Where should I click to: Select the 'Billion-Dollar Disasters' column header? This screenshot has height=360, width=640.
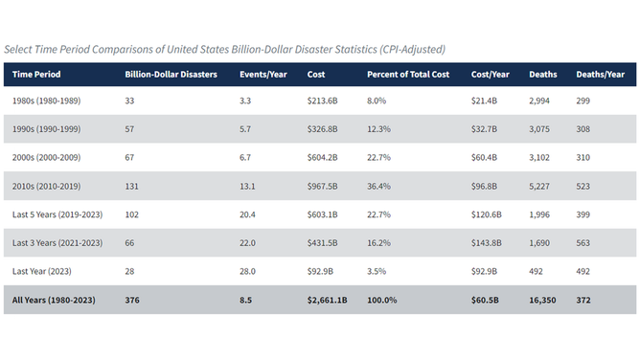tap(171, 75)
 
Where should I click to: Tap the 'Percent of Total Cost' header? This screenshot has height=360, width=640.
tap(407, 75)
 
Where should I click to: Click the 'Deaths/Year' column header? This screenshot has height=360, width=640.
tap(600, 75)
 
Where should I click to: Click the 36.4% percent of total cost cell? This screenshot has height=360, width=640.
tap(380, 187)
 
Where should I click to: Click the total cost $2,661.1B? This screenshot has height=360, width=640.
tap(328, 300)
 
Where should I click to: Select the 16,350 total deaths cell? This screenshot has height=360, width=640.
tap(544, 300)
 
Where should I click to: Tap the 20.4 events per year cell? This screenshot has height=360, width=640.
tap(249, 215)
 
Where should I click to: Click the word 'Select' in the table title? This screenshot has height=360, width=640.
tap(20, 49)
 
